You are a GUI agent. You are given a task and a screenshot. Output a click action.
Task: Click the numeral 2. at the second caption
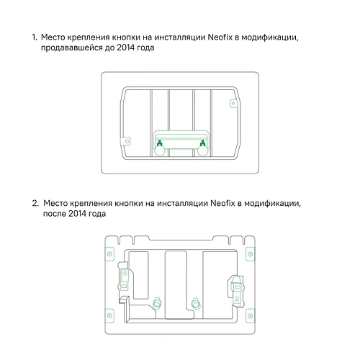tap(35, 203)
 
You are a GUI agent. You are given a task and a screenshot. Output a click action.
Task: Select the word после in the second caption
tap(56, 215)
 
